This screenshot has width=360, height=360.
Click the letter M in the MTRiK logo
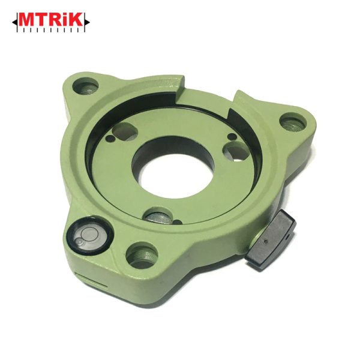click(26, 20)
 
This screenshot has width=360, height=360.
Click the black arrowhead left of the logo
click(14, 23)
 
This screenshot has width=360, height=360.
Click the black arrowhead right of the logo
click(87, 23)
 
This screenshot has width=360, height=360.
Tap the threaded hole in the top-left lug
click(85, 86)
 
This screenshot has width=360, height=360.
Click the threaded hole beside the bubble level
click(142, 255)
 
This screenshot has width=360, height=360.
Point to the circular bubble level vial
click(89, 235)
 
